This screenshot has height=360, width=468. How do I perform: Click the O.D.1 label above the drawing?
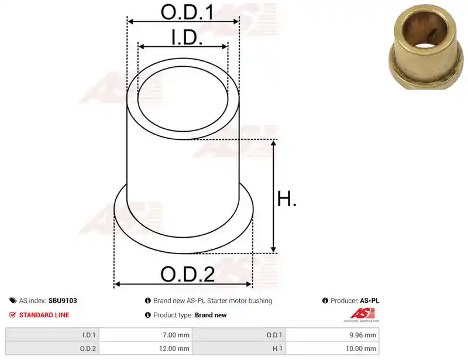[187, 12]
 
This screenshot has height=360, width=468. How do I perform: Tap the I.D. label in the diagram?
[187, 37]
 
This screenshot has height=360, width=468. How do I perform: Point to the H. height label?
[287, 198]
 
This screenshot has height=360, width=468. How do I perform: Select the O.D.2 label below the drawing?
[187, 275]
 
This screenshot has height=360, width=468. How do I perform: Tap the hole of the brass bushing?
[425, 33]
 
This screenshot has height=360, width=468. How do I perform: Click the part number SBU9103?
[63, 300]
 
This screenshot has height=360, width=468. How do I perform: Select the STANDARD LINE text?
[44, 315]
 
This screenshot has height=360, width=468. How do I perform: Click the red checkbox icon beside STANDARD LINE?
[12, 315]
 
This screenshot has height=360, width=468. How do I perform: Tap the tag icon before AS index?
[13, 300]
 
